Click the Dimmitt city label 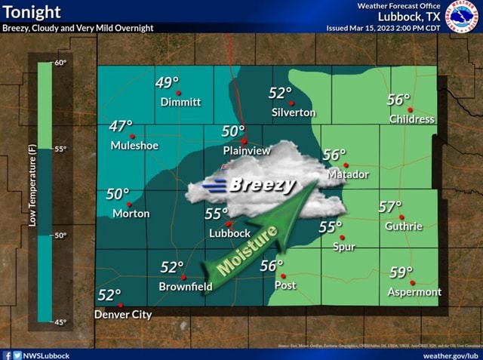[180, 102]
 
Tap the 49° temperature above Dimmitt [168, 82]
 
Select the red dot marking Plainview [244, 141]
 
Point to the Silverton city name [294, 112]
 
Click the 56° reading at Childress [398, 100]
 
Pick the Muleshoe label [134, 146]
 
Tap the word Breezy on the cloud [262, 185]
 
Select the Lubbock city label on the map [229, 233]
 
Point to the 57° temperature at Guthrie [390, 208]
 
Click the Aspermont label [414, 292]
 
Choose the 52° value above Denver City [109, 295]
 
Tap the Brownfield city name [186, 287]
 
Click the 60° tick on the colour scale [60, 62]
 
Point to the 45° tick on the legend [60, 322]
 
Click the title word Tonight [32, 13]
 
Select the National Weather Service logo [462, 16]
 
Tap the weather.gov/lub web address [451, 355]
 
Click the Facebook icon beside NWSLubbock [6, 355]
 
